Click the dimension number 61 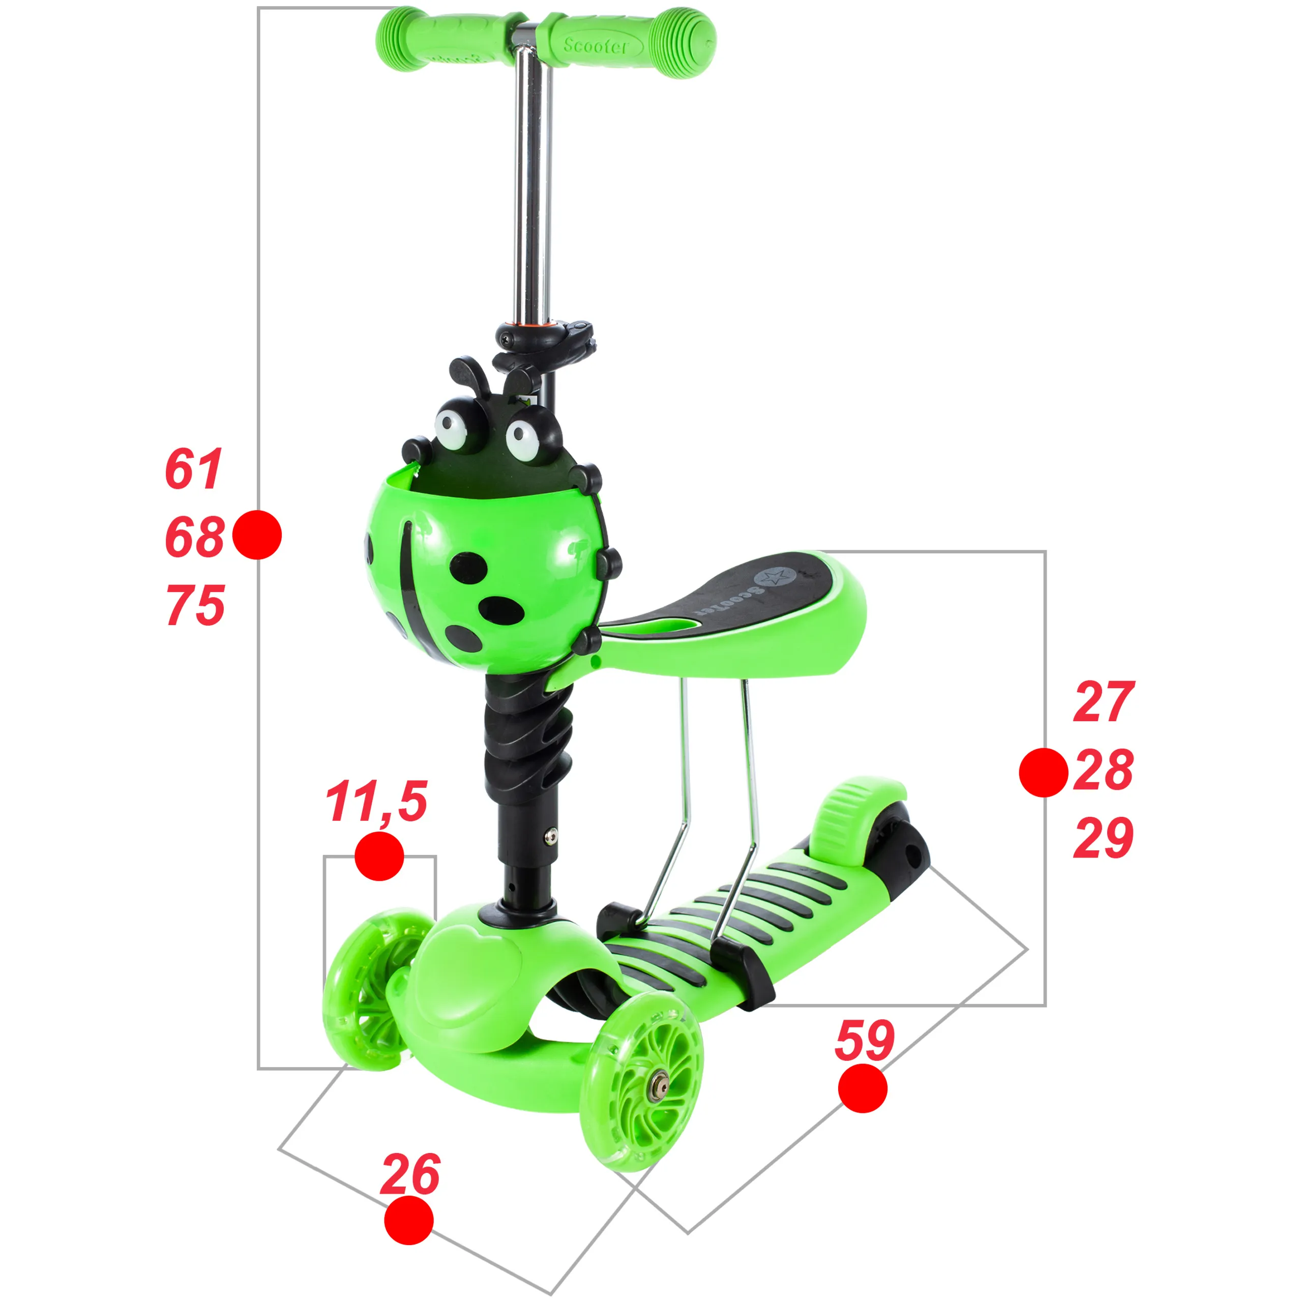pyautogui.click(x=193, y=469)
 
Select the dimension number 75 pyautogui.click(x=195, y=605)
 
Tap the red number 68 pyautogui.click(x=195, y=537)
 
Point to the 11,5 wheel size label pyautogui.click(x=376, y=802)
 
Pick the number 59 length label pyautogui.click(x=865, y=1041)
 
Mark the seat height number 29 pyautogui.click(x=1104, y=838)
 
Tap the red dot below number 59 pyautogui.click(x=863, y=1088)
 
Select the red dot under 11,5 pyautogui.click(x=379, y=856)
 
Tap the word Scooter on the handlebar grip pyautogui.click(x=595, y=45)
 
